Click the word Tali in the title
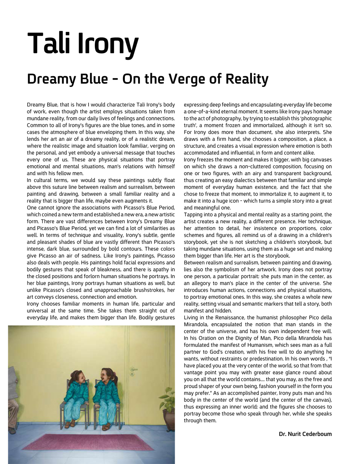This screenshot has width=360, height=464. click(49, 44)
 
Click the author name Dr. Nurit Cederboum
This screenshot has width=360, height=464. click(305, 434)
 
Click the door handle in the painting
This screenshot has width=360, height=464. click(133, 370)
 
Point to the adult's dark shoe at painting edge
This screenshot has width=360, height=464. click(12, 431)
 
